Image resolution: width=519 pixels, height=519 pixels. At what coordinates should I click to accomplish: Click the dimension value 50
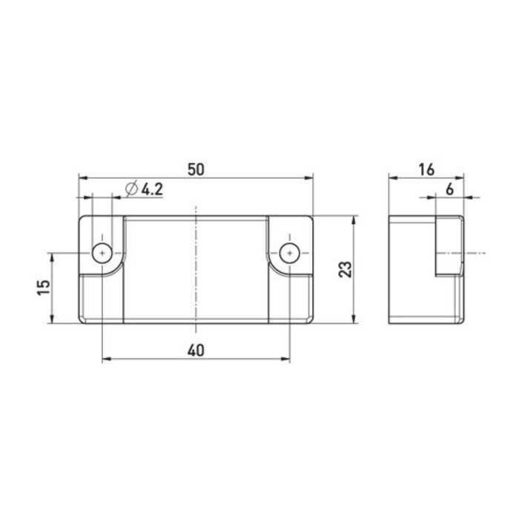point(196,168)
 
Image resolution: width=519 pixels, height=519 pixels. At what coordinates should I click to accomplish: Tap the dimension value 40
point(196,350)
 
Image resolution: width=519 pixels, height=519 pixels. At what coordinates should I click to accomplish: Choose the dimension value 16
point(426,168)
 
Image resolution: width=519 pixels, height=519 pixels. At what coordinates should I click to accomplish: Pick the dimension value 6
point(449,189)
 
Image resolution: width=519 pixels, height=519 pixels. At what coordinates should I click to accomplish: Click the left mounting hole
point(100,253)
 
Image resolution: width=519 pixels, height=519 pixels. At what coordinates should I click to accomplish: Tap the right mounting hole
point(289,253)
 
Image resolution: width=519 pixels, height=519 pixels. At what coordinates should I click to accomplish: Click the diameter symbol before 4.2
point(131,189)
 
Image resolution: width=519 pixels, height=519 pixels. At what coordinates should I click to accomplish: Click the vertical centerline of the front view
point(195,297)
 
